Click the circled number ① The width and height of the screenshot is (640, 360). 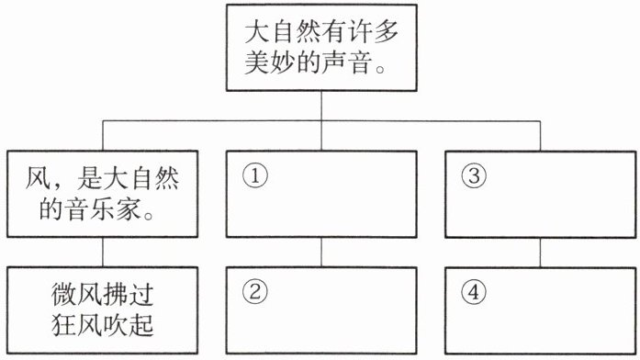(255, 176)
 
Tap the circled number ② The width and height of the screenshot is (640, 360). (255, 292)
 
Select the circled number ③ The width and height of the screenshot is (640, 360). (474, 176)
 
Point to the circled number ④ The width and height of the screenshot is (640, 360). (474, 292)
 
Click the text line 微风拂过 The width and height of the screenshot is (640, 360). (103, 295)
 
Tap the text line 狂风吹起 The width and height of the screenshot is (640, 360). (103, 325)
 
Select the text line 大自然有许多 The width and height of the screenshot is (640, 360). (321, 32)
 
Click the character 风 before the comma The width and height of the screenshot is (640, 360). (38, 178)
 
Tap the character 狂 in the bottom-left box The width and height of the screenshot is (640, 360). (64, 325)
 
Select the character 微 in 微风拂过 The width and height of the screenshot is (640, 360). (64, 295)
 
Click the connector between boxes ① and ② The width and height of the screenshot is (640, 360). (321, 253)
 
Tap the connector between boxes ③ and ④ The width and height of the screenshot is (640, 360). (541, 253)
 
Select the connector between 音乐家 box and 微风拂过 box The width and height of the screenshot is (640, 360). (103, 253)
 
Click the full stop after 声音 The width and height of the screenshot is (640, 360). (380, 69)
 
